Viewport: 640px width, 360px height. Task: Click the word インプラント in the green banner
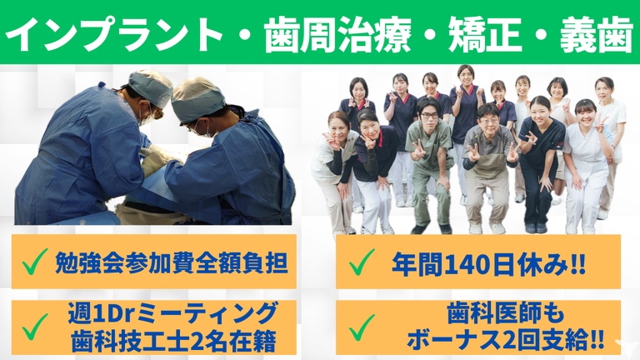click(x=114, y=34)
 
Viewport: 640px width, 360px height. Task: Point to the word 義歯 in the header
click(x=597, y=35)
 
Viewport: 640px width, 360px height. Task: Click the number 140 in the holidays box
click(x=467, y=265)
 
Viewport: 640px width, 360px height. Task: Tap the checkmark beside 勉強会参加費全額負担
click(x=34, y=261)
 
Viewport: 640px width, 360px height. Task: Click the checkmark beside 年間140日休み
click(x=362, y=262)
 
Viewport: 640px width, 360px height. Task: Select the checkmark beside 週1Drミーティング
click(x=34, y=327)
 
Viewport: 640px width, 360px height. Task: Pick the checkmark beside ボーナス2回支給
click(x=362, y=327)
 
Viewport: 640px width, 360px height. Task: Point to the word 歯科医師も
click(x=506, y=313)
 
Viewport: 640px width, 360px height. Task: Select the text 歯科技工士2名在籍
click(x=174, y=341)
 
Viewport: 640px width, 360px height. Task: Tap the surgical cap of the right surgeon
click(x=197, y=100)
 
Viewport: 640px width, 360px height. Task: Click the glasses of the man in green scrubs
click(x=429, y=116)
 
